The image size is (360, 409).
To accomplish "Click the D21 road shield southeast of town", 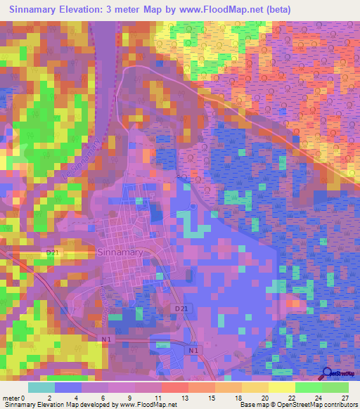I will pos(181,309).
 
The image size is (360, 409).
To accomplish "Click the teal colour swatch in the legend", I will pos(41,387).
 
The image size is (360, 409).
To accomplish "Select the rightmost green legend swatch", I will pos(335,387).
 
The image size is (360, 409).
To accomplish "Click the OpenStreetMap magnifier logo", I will pos(328,374).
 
